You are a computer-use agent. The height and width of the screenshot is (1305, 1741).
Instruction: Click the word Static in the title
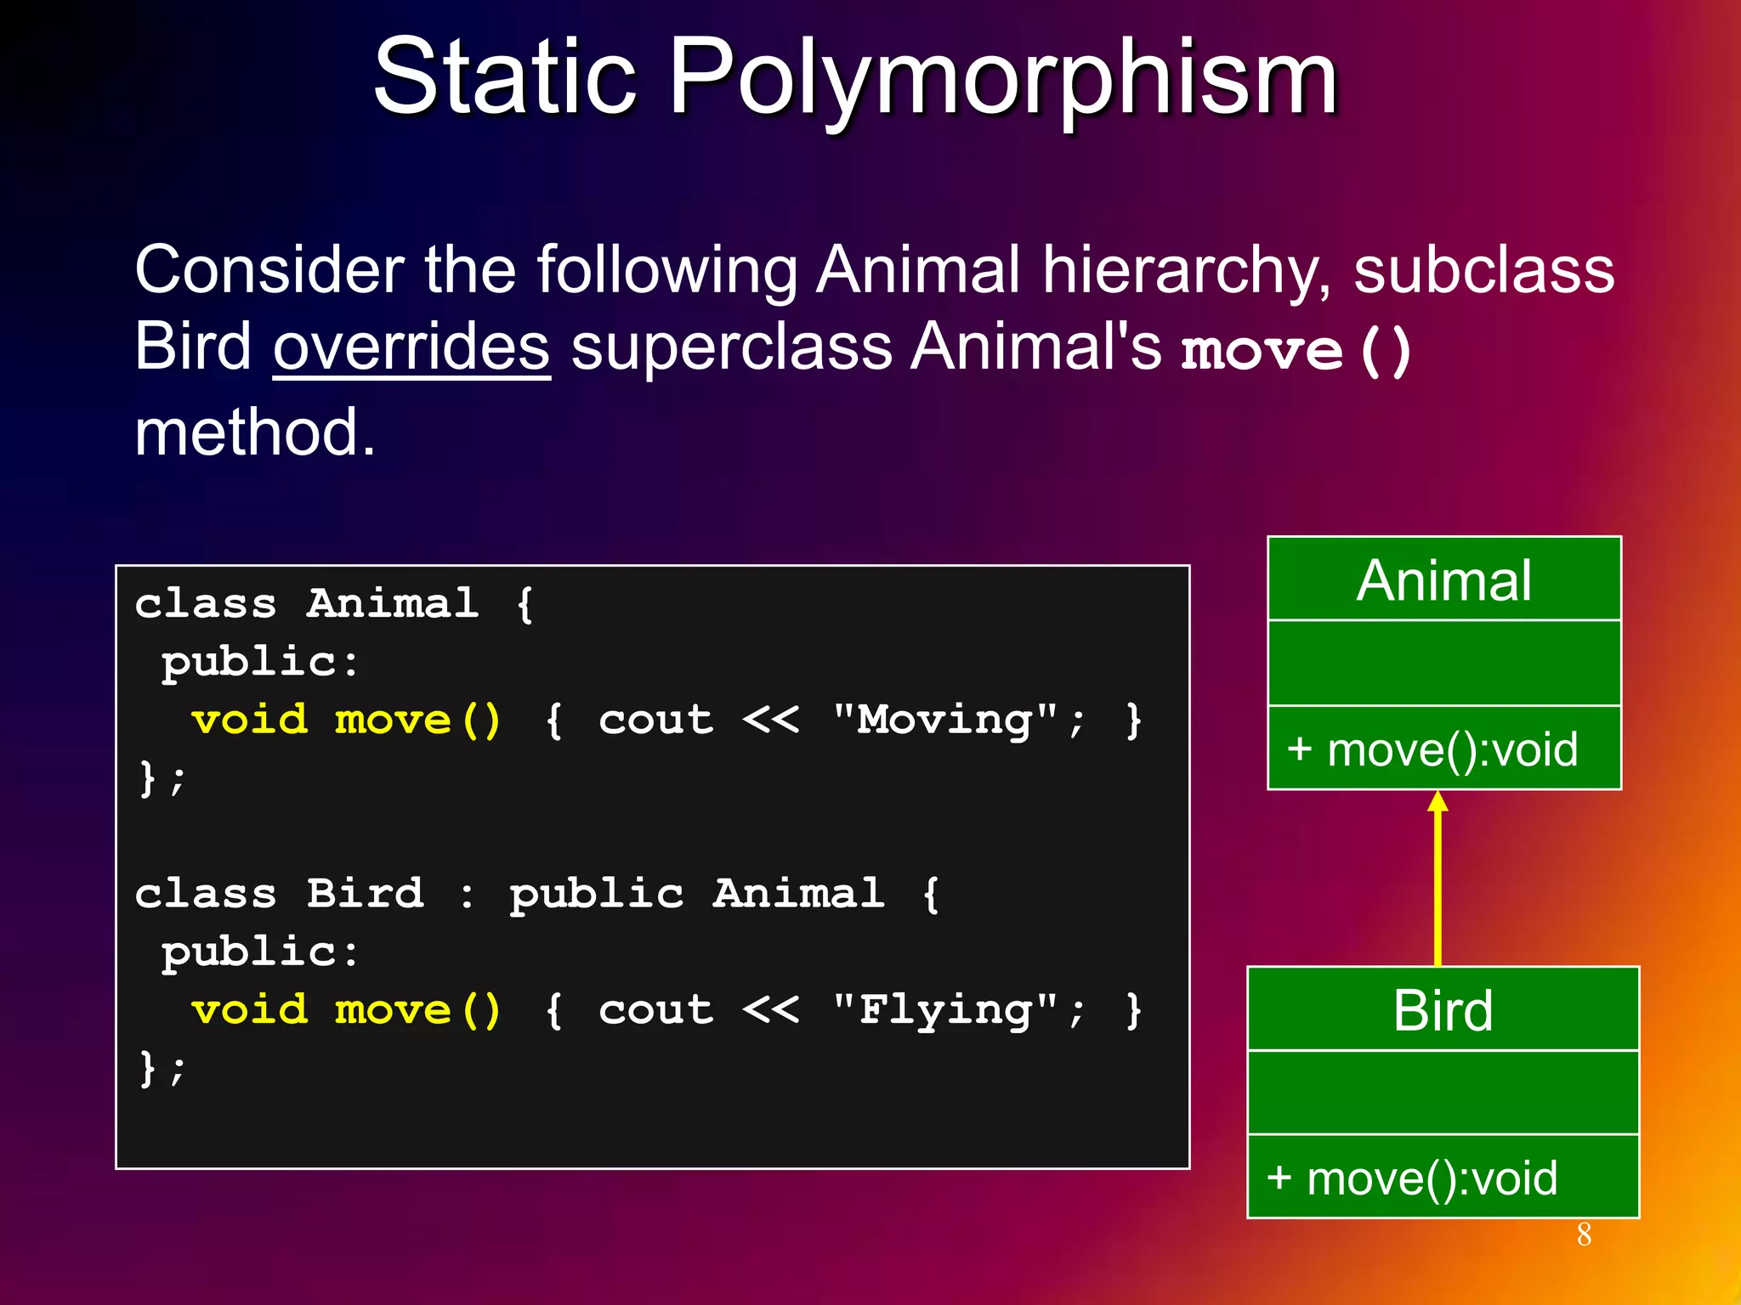[505, 78]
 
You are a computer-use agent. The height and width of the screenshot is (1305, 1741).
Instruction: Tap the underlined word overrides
[411, 348]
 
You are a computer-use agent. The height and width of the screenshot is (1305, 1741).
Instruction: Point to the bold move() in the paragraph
[1296, 350]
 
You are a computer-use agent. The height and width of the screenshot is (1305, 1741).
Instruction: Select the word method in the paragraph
[254, 433]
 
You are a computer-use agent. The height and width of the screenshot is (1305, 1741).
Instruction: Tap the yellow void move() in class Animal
[346, 720]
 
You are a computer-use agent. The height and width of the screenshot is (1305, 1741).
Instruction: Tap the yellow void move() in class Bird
[346, 1010]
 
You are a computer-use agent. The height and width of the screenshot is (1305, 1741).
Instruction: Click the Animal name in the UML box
[1443, 581]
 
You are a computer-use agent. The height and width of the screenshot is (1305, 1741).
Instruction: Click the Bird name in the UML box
[1443, 1011]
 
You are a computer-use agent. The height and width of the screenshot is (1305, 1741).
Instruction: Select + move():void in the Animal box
[1432, 749]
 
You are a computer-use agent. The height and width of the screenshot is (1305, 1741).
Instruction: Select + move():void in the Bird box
[1412, 1178]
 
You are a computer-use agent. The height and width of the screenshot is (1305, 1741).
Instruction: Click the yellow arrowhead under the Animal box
[1438, 801]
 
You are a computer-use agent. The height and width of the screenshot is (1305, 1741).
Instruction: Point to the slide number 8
[1584, 1234]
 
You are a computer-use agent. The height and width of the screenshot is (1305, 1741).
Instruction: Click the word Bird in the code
[365, 894]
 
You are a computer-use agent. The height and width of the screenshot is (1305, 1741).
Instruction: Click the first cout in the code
[655, 720]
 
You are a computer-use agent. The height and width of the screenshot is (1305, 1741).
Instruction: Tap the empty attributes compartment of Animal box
[1443, 663]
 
